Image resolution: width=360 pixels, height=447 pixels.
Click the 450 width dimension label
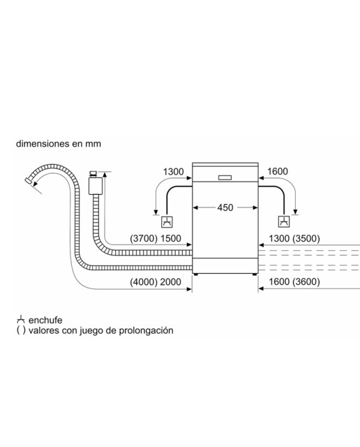tap(225, 207)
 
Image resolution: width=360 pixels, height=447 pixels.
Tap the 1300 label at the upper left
tap(173, 172)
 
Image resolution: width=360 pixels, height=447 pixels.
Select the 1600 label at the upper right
tap(278, 171)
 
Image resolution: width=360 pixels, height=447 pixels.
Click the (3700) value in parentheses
tap(144, 238)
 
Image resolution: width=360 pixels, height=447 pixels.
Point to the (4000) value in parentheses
tap(144, 282)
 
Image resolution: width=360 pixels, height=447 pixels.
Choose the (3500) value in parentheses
tap(306, 238)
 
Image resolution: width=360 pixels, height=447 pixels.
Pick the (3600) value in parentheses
tap(306, 281)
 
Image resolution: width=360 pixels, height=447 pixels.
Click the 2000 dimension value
tap(171, 282)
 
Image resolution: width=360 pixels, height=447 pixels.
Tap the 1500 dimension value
tap(171, 238)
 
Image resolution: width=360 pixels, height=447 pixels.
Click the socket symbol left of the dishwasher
tap(167, 222)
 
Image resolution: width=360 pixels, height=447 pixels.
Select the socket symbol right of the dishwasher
tap(284, 222)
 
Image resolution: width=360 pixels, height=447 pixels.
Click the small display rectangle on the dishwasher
tap(225, 177)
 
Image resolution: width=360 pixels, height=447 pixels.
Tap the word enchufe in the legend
tap(45, 320)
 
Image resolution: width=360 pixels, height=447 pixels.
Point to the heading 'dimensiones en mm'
tap(59, 143)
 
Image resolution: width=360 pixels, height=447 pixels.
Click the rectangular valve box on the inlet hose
tap(96, 186)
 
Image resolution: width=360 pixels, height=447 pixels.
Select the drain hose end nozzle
tap(29, 181)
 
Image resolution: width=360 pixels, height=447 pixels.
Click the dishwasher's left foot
tap(195, 274)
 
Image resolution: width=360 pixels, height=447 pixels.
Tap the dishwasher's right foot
tap(255, 274)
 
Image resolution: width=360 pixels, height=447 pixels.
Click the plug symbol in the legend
tap(21, 320)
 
